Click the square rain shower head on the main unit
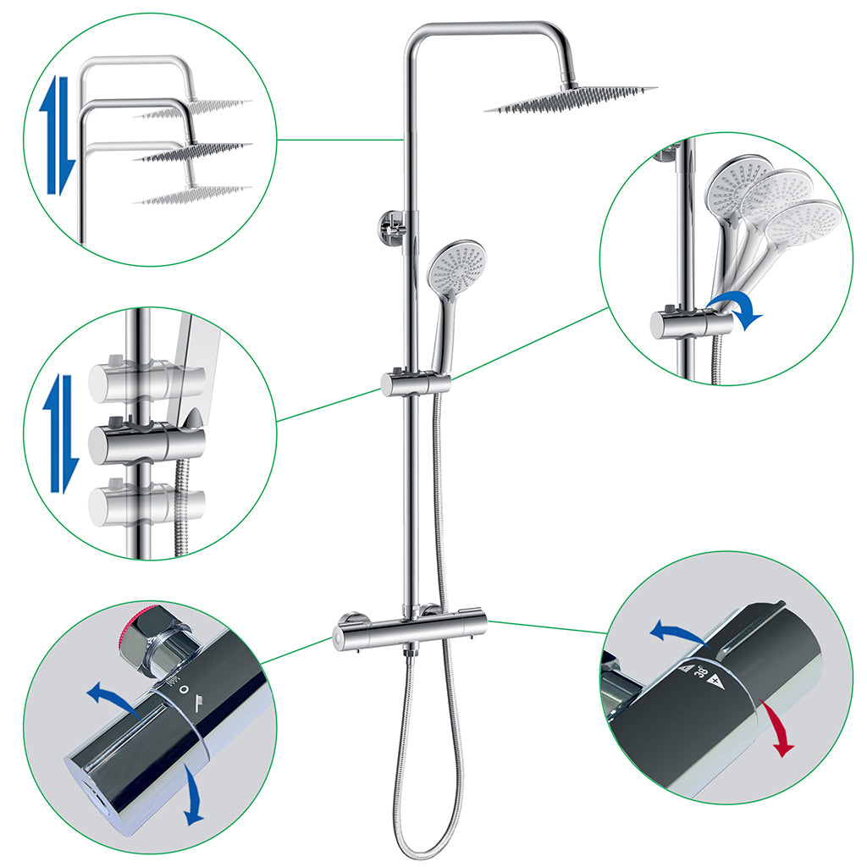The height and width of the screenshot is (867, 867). click(571, 100)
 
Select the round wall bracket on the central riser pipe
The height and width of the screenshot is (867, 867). click(389, 229)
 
